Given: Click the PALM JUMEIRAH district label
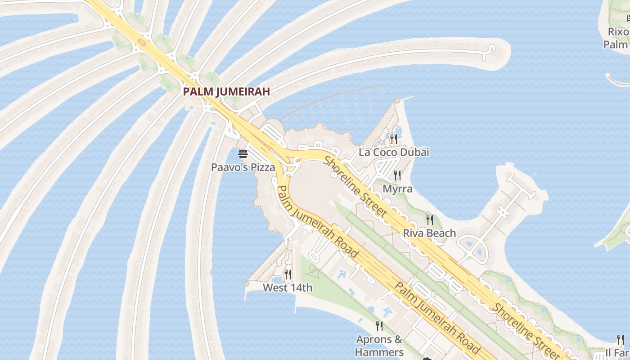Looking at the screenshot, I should [x=226, y=91].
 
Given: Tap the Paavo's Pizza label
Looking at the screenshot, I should [x=243, y=167].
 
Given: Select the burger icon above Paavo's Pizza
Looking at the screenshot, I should [x=243, y=154].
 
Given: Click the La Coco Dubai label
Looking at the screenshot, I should [x=394, y=152].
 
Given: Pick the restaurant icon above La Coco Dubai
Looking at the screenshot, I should [x=394, y=139].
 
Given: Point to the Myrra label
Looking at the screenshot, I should [x=397, y=189].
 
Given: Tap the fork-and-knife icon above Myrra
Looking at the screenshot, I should [x=397, y=175].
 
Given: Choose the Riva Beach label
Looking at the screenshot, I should [x=429, y=233].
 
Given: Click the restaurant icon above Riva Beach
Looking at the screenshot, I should [x=430, y=220].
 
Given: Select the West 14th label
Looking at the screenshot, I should [x=288, y=288].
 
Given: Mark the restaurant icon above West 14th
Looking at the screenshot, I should [x=288, y=274].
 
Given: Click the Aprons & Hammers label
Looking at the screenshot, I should [x=379, y=346].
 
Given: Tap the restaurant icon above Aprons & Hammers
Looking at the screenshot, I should [x=379, y=326].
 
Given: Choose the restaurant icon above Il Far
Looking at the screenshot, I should [x=621, y=340].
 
